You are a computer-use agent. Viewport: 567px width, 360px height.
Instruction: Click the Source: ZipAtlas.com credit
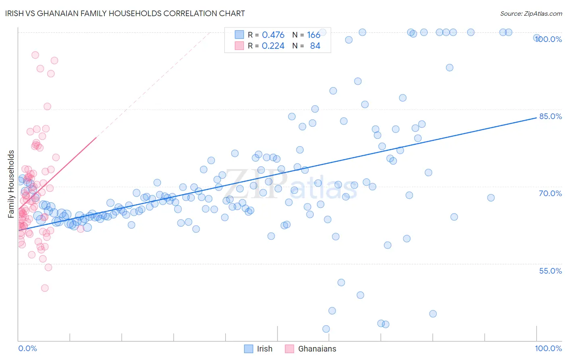531,13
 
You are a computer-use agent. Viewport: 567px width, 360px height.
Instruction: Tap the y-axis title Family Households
11,184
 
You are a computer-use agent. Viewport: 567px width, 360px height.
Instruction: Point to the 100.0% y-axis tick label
548,39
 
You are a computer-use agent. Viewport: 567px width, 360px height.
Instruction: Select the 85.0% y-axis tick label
550,116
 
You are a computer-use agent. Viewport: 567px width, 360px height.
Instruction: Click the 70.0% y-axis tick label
550,193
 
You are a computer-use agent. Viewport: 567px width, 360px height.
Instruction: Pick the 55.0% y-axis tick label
550,271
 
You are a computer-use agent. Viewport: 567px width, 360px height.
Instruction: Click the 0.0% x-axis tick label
27,348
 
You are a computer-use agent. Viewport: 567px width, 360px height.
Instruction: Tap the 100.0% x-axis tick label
548,348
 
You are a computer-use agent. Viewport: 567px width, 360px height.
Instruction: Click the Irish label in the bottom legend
265,349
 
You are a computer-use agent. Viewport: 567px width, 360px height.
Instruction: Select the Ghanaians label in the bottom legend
317,349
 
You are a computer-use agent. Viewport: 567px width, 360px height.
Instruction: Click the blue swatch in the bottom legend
249,349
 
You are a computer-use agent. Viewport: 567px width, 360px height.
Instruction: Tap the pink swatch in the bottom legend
289,349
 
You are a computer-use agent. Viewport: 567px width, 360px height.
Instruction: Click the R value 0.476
273,35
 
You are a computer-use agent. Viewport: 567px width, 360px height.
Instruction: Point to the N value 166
313,35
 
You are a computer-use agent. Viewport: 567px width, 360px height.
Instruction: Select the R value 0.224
273,46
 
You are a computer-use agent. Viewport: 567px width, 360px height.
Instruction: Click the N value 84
315,46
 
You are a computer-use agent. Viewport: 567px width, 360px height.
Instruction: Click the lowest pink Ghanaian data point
45,288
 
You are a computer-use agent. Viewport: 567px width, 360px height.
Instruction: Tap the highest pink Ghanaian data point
35,55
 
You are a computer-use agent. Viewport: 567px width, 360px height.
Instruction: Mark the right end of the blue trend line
536,117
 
